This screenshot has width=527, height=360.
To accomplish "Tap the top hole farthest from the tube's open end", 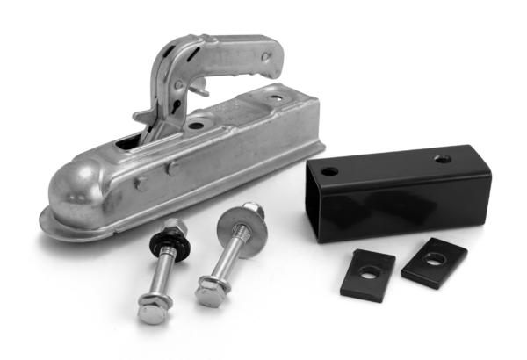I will coord(442,159).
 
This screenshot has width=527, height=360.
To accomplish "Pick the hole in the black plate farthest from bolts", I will coord(434,258).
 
